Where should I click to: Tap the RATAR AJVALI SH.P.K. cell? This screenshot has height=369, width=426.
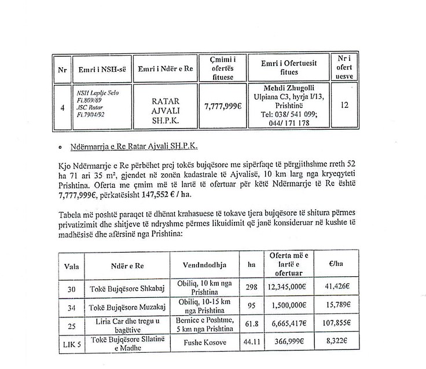coord(166,107)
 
